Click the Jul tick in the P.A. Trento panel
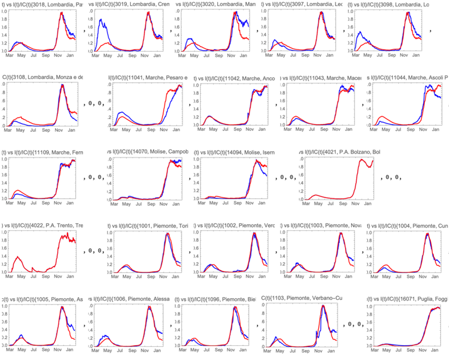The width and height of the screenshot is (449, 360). coord(33,277)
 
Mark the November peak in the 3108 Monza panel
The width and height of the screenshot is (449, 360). coord(62,85)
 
